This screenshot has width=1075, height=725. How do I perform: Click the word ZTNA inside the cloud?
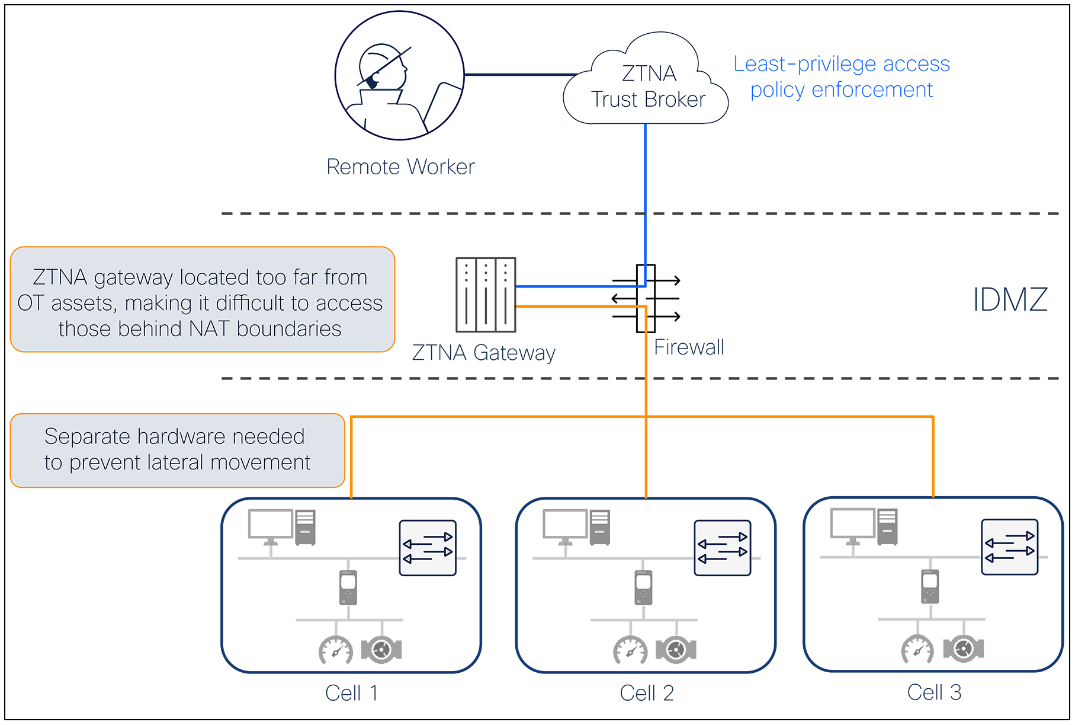tap(649, 74)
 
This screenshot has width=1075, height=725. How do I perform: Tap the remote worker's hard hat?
tap(379, 59)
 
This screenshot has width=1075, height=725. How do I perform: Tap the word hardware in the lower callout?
tap(181, 437)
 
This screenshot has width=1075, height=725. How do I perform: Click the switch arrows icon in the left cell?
tap(428, 548)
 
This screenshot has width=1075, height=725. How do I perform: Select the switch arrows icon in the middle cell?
tap(722, 548)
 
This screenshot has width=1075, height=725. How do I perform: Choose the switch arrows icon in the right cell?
tap(1009, 547)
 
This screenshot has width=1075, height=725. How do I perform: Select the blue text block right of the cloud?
tap(844, 77)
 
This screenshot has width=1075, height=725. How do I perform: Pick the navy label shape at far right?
tap(1007, 299)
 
